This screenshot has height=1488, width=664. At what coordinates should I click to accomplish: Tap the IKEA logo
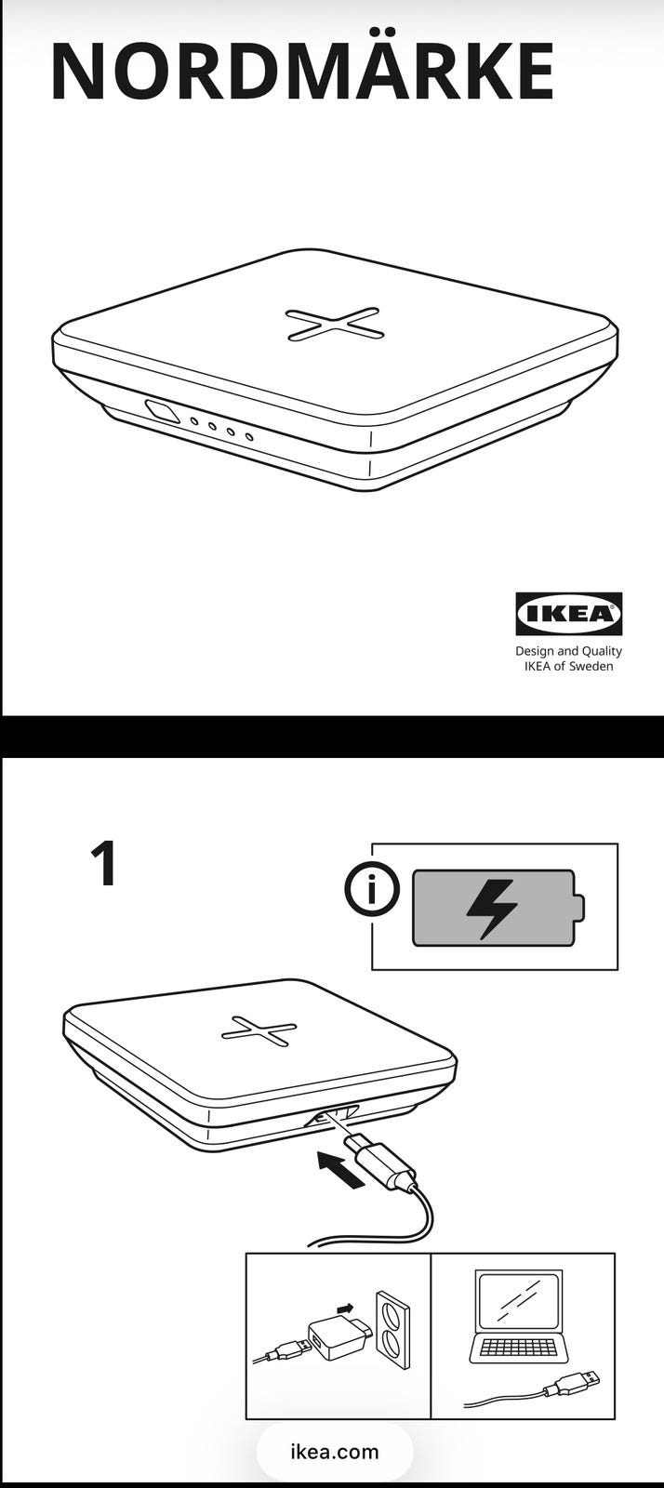tap(569, 614)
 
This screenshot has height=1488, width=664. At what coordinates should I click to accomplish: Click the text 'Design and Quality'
tap(568, 651)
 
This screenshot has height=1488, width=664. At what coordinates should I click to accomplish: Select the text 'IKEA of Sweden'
tap(568, 666)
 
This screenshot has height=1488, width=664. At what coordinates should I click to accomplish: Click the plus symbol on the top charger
tap(334, 325)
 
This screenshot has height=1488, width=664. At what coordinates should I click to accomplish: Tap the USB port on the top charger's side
tap(163, 411)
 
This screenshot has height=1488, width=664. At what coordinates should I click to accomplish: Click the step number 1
tap(105, 863)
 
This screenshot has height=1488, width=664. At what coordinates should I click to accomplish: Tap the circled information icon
tap(372, 889)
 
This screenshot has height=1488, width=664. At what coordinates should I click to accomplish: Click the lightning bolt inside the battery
tap(491, 909)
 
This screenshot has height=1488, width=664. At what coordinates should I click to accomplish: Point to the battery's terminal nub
tap(579, 908)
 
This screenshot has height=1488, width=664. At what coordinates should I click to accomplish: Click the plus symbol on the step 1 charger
tap(259, 1031)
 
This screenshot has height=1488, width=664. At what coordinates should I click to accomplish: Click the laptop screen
tap(519, 1300)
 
